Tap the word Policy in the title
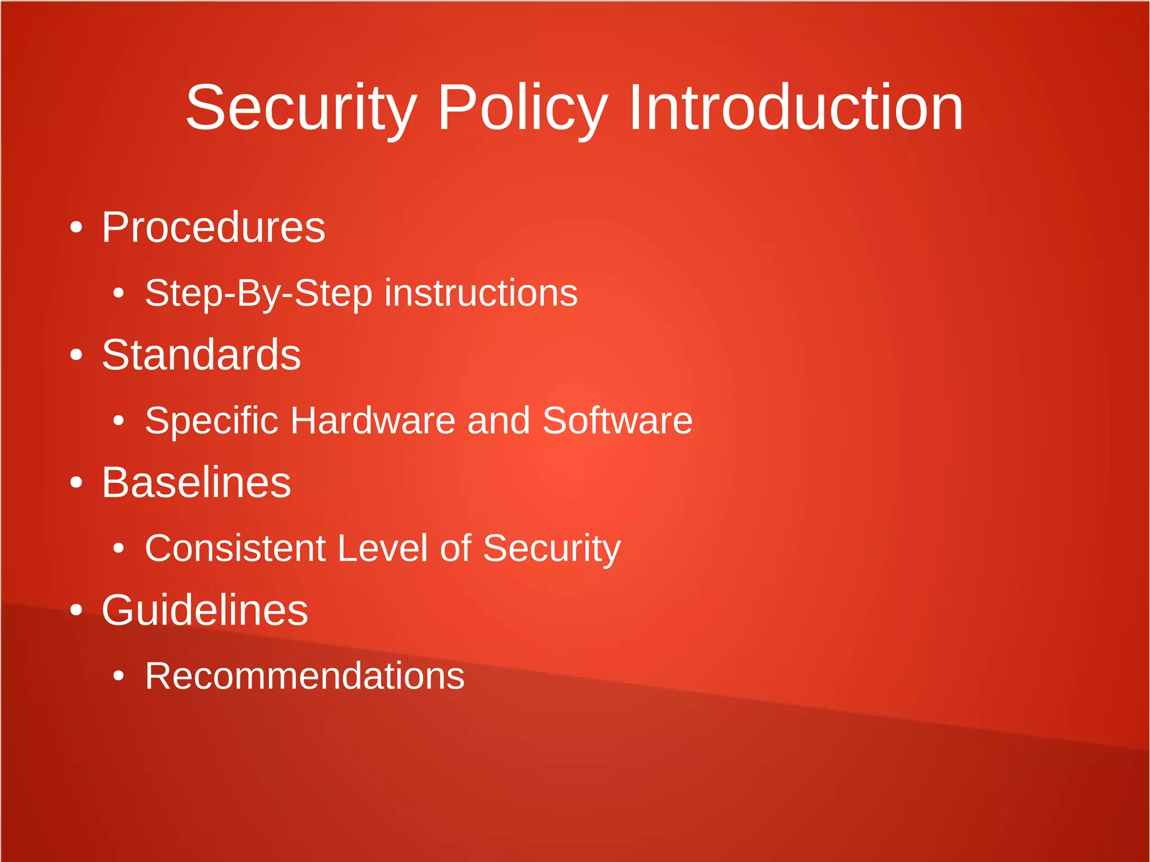point(522,108)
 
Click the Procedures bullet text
point(213,227)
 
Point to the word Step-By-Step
point(258,294)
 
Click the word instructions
point(481,293)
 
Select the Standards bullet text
point(201,355)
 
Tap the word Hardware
point(373,421)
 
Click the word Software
point(617,421)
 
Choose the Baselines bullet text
point(196,482)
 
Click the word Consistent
point(235,548)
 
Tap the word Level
point(382,548)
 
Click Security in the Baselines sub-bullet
point(551,548)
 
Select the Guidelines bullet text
point(204,610)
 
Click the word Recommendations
point(304,676)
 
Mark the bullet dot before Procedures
point(76,228)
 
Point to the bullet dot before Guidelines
point(76,610)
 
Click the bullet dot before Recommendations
point(118,676)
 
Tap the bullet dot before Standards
point(76,355)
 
